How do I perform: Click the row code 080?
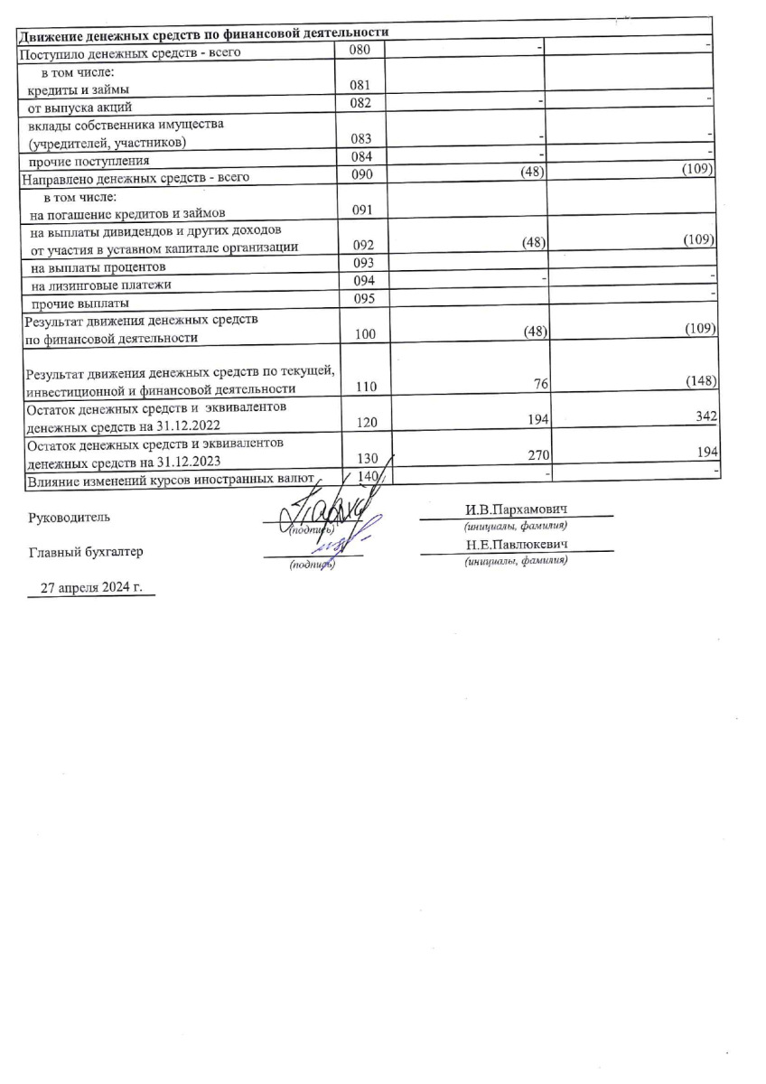[361, 51]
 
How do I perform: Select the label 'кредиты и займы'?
[79, 89]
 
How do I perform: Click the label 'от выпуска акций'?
[80, 107]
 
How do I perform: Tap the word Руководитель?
[70, 519]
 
